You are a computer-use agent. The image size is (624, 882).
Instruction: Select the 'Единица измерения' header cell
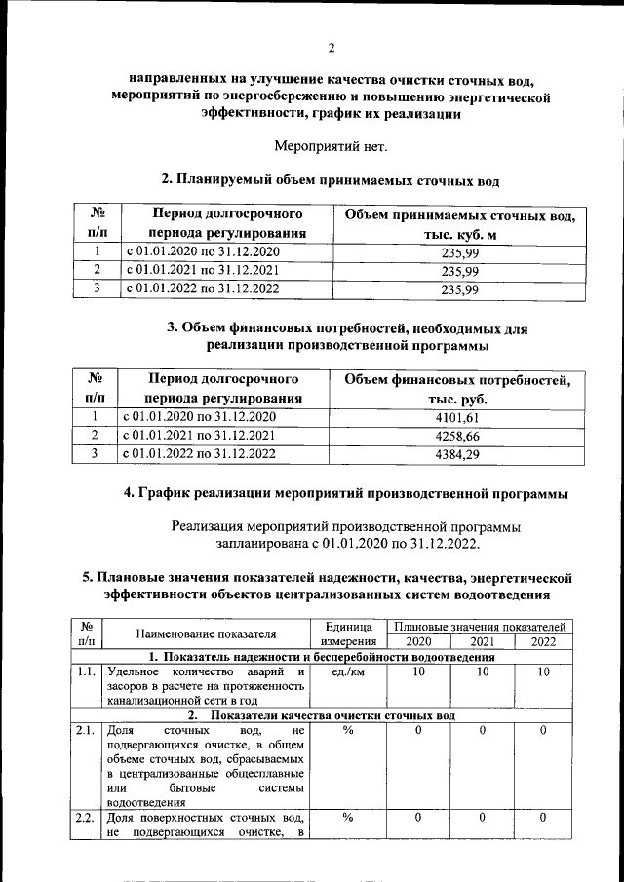tap(346, 633)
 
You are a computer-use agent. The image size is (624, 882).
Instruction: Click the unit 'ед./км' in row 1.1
tap(346, 672)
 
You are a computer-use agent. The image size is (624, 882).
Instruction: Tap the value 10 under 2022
tap(543, 672)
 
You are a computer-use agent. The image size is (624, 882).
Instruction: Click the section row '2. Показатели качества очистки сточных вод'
tap(335, 715)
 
